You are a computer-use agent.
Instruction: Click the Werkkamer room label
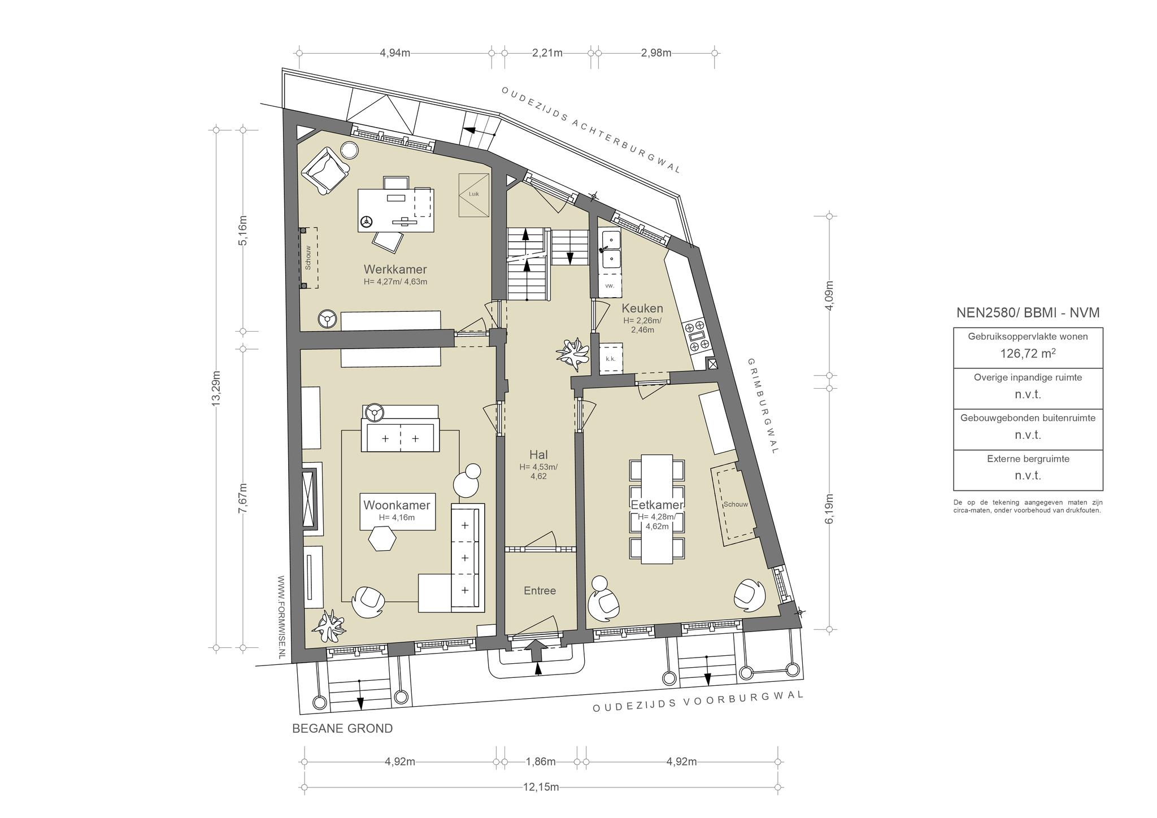(395, 269)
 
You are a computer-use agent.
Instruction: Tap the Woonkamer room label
(397, 505)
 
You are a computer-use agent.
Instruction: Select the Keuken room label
(642, 308)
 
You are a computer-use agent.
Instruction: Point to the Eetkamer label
(657, 505)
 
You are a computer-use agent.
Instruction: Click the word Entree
(540, 590)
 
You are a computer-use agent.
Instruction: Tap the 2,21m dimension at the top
(547, 53)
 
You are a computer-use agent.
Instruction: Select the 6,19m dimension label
(829, 509)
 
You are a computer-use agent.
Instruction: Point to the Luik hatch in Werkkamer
(474, 195)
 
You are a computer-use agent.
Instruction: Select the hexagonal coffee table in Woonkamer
(382, 538)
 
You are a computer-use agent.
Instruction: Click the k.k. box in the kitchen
(610, 358)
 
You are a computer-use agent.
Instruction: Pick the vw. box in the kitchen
(610, 286)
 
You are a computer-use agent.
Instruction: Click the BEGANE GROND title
(342, 729)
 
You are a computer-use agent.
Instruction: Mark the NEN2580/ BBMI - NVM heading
(1028, 313)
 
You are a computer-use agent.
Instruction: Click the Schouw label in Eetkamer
(736, 504)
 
